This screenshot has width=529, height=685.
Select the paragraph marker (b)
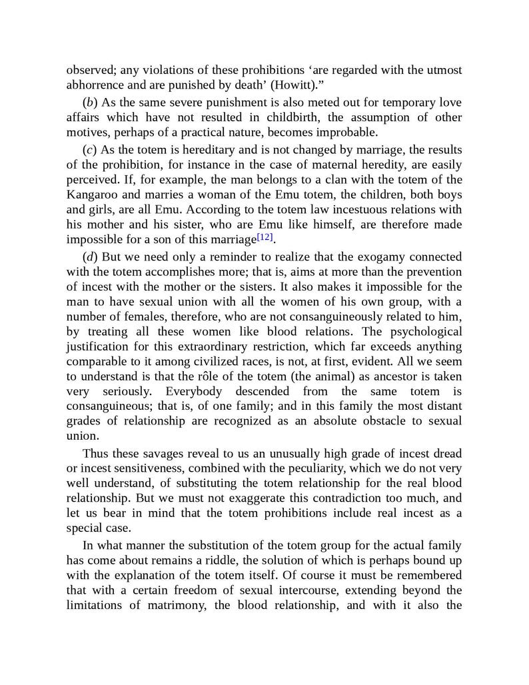pos(89,103)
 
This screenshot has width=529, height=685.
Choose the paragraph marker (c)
pos(89,150)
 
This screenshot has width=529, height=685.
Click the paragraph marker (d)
pos(89,257)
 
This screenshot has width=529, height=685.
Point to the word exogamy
pos(364,257)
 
